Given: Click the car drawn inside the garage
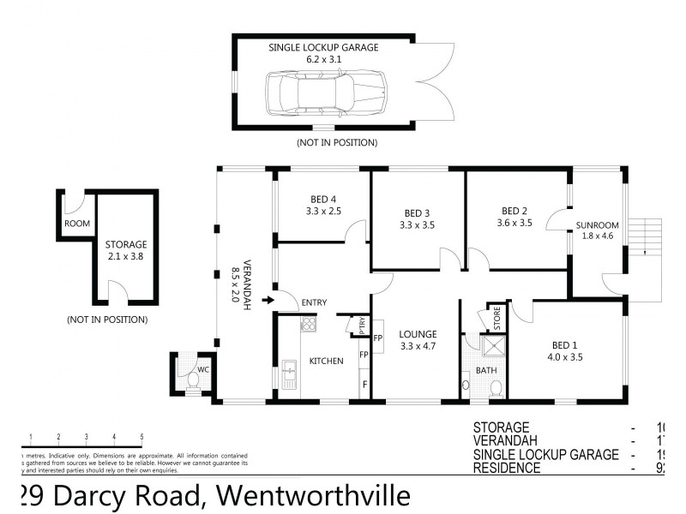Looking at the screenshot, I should [x=325, y=90].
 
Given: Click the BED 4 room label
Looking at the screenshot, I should [x=322, y=200].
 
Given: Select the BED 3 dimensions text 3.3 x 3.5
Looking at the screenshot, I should [x=418, y=226].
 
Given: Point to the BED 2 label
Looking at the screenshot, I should [x=514, y=211].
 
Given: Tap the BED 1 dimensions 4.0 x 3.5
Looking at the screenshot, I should [x=564, y=357].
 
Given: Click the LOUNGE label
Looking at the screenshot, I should [x=418, y=334].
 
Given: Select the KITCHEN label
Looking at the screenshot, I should [x=326, y=361].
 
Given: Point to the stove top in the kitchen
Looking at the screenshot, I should [x=308, y=325].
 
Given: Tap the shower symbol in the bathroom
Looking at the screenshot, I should [x=493, y=345].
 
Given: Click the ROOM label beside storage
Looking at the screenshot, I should [x=76, y=224].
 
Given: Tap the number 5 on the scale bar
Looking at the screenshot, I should [x=141, y=437].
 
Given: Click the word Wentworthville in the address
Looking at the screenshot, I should [x=312, y=496].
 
